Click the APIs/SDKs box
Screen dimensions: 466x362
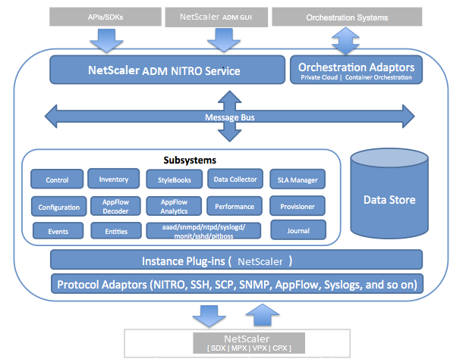(x=105, y=17)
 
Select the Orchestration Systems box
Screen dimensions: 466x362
(x=347, y=17)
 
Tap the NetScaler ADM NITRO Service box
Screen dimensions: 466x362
(x=167, y=70)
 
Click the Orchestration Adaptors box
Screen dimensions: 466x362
(x=356, y=70)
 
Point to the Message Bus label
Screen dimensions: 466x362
(x=230, y=117)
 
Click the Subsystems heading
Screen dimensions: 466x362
(x=190, y=160)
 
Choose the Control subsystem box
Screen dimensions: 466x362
(x=57, y=179)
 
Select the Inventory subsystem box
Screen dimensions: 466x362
(x=114, y=179)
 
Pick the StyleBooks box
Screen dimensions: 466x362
(x=174, y=179)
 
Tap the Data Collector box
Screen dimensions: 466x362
(x=235, y=179)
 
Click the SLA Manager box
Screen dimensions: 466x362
(x=298, y=179)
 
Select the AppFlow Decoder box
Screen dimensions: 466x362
(x=115, y=206)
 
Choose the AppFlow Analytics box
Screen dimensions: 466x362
(x=174, y=206)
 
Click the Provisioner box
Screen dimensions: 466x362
(x=298, y=206)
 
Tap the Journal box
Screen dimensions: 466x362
(x=298, y=229)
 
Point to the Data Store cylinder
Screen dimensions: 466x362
(x=389, y=194)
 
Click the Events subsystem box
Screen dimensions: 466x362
(x=58, y=231)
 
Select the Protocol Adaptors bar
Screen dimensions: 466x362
(x=237, y=284)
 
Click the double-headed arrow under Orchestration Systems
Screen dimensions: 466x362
(x=345, y=41)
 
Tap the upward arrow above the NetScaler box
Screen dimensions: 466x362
(x=263, y=315)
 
